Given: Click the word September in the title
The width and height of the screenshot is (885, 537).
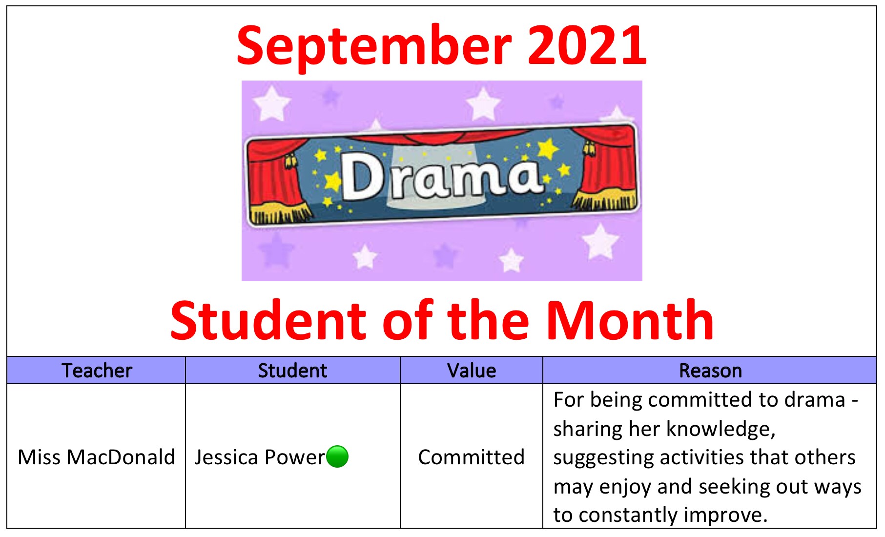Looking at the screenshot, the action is tap(374, 47).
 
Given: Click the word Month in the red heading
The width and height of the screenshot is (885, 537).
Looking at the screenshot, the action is tap(630, 321).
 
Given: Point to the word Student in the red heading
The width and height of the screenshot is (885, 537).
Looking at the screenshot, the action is tap(268, 321).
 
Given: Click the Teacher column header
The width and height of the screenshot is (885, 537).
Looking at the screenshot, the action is tap(97, 371).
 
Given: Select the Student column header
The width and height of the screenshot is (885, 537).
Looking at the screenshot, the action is tap(292, 371).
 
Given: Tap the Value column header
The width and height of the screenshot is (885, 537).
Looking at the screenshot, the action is tap(472, 371).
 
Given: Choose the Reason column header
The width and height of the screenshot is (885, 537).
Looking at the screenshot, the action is tap(710, 371).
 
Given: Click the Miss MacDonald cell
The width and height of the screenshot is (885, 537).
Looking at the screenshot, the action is tap(96, 457).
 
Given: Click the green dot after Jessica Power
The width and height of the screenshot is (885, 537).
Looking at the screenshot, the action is tap(337, 457).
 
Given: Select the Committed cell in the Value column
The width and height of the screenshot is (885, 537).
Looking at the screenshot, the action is tap(471, 457).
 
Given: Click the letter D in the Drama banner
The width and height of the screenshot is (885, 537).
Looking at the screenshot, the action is tap(362, 177).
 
